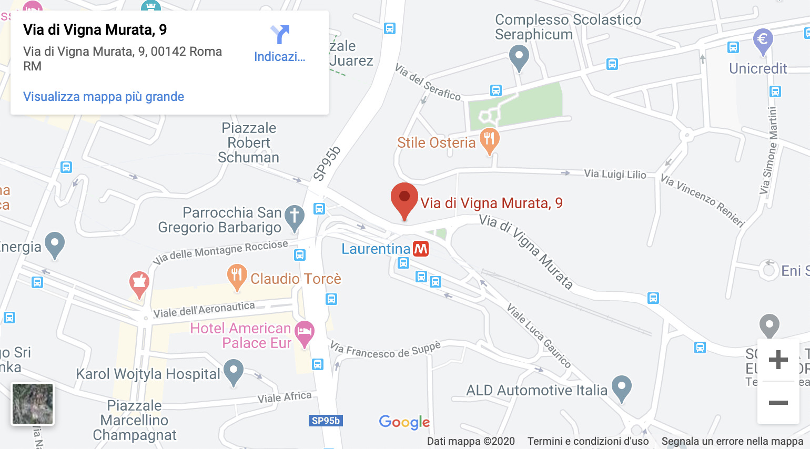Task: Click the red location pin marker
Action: click(x=404, y=199)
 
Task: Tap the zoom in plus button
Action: click(x=778, y=360)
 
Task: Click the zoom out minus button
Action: click(x=778, y=403)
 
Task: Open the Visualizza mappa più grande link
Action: click(x=104, y=97)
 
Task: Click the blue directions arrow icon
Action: click(x=280, y=35)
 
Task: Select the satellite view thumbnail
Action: click(x=33, y=404)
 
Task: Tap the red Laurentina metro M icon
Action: click(x=421, y=249)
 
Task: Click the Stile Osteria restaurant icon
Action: click(x=490, y=139)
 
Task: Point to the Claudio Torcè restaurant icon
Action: click(x=237, y=275)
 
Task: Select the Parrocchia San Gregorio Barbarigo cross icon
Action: click(x=295, y=216)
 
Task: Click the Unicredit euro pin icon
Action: click(x=763, y=40)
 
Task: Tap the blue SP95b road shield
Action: click(x=326, y=421)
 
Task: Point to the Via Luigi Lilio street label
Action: click(x=615, y=174)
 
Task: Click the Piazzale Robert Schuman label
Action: click(x=249, y=142)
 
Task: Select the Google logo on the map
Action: click(x=404, y=422)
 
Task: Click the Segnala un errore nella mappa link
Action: click(x=732, y=441)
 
